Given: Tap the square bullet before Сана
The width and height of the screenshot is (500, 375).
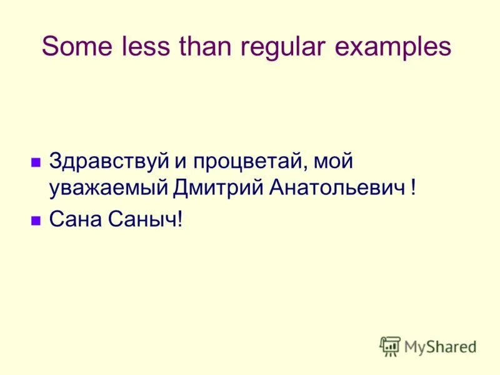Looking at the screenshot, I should (36, 219).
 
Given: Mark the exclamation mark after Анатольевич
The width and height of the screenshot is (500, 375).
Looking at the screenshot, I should (413, 187).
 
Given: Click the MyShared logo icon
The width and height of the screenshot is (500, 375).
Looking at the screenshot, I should (390, 346).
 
